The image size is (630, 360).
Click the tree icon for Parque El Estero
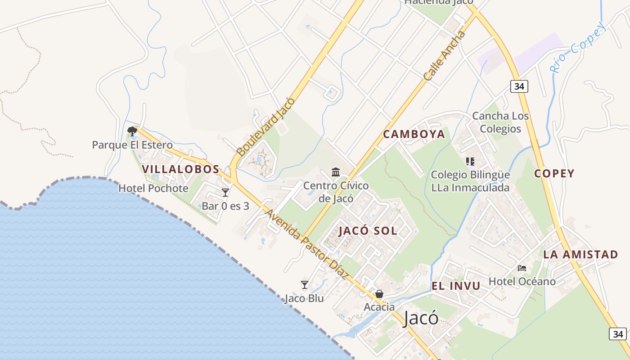tap(132, 131)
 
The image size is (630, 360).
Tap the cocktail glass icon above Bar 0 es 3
tap(225, 193)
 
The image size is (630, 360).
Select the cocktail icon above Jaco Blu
tap(305, 284)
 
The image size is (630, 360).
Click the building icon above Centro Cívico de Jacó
tap(336, 172)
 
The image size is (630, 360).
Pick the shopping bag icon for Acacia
tap(379, 294)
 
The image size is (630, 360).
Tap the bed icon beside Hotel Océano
tap(522, 268)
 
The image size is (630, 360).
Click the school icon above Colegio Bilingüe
tap(470, 161)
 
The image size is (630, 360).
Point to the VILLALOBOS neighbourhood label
tap(180, 169)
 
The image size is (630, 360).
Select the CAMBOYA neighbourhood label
tap(414, 134)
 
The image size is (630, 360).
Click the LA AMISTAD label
tap(580, 254)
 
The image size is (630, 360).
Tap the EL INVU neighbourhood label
tap(456, 286)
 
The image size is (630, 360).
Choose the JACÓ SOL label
tap(368, 231)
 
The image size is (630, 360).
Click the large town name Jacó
tap(421, 318)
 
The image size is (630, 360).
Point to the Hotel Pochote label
tap(153, 188)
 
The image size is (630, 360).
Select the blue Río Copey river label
tap(579, 47)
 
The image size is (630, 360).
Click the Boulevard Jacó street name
tap(265, 127)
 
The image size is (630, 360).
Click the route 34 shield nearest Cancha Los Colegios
tap(519, 86)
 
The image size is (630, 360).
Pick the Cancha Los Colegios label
tap(500, 122)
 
